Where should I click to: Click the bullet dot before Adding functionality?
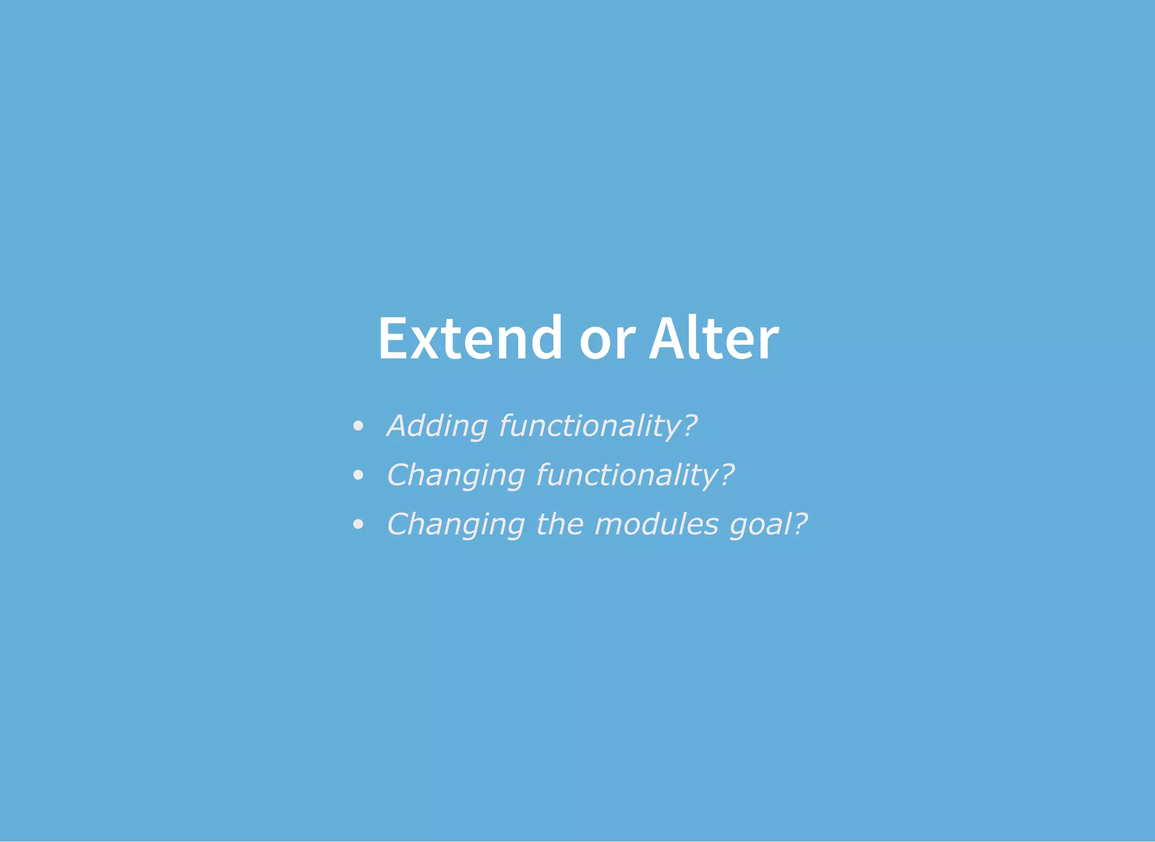[358, 427]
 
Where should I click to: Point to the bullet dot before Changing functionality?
[358, 476]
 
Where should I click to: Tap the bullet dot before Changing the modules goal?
[358, 525]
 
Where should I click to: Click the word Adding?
[437, 426]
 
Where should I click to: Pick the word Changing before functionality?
[456, 475]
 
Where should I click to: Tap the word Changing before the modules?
[456, 524]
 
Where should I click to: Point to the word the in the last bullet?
[559, 524]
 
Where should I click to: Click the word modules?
[656, 524]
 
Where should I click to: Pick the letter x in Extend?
[424, 343]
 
